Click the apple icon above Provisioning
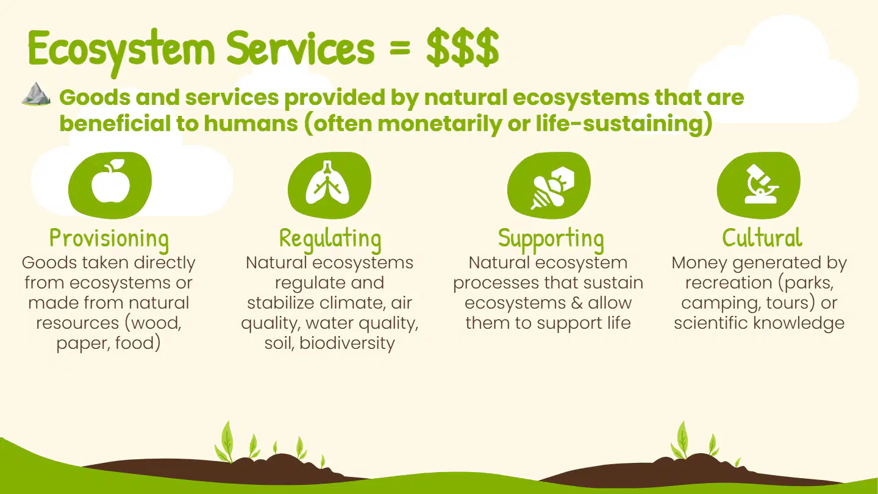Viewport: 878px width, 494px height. pyautogui.click(x=110, y=181)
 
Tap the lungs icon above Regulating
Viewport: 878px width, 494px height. pyautogui.click(x=327, y=183)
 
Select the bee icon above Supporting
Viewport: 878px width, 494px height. pyautogui.click(x=552, y=187)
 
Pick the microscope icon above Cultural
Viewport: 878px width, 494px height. pyautogui.click(x=761, y=184)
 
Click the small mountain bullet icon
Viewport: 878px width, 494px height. pyautogui.click(x=36, y=94)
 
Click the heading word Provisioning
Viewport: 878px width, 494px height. pyautogui.click(x=109, y=239)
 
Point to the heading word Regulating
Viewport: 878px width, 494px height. pyautogui.click(x=330, y=239)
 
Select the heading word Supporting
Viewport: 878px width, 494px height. pyautogui.click(x=551, y=239)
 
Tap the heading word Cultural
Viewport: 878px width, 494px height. pyautogui.click(x=762, y=238)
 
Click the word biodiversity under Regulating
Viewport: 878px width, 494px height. pyautogui.click(x=347, y=343)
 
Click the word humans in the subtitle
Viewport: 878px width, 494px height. pyautogui.click(x=251, y=123)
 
